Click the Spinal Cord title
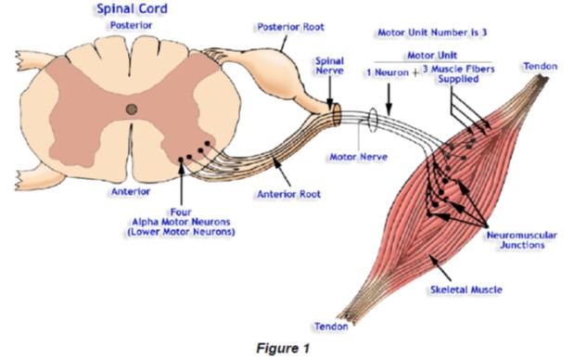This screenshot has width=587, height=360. pos(132,9)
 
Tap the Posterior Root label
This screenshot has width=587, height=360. pos(290,27)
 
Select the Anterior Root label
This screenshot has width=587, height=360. pos(288,194)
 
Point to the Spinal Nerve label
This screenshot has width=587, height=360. pos(329,66)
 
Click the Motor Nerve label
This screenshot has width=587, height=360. pos(358,157)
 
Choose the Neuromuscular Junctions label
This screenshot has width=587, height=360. pos(522,240)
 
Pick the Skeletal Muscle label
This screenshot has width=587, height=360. pos(466,289)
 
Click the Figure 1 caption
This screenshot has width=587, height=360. pos(283,348)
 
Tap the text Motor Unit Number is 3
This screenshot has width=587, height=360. pos(432,32)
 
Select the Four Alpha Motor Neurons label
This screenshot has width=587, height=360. pos(181,222)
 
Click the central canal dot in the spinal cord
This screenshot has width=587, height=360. pos(132,109)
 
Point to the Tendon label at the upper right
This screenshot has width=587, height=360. pos(541,66)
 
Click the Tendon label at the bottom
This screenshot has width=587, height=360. pos(331,327)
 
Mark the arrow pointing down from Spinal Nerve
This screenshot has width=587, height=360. pos(330,93)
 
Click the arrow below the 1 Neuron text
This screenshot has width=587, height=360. pos(389,99)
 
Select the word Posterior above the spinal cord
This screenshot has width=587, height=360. pos(131,25)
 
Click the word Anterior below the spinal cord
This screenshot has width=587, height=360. pos(131,191)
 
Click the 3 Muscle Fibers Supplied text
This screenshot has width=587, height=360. pos(459,74)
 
